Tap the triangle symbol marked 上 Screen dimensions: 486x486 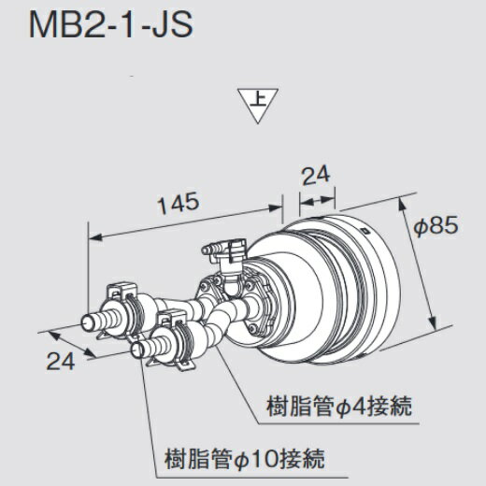point(257,105)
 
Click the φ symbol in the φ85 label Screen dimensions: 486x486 point(421,226)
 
